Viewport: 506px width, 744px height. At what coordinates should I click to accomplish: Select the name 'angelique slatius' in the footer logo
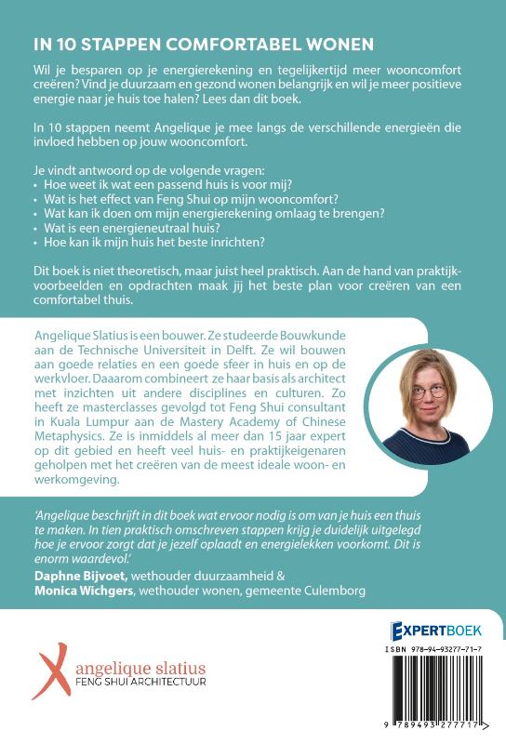140,669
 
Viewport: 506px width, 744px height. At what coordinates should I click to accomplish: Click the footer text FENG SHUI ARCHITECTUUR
140,684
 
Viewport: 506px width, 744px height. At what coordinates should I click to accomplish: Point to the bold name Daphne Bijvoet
75,577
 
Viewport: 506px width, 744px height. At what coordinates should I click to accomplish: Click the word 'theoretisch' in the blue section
139,268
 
